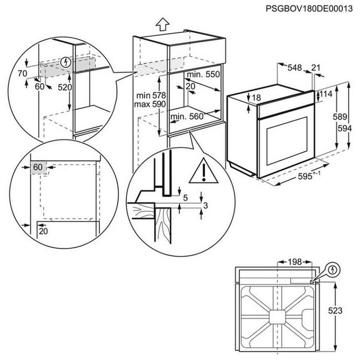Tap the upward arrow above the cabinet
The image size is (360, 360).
pyautogui.click(x=163, y=24)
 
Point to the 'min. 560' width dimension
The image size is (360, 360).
pyautogui.click(x=187, y=116)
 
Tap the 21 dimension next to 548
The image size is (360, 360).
pyautogui.click(x=316, y=67)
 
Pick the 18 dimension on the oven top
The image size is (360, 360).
pyautogui.click(x=257, y=97)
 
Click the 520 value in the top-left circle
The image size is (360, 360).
pyautogui.click(x=65, y=87)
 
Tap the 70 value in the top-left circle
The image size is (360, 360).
pyautogui.click(x=21, y=74)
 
